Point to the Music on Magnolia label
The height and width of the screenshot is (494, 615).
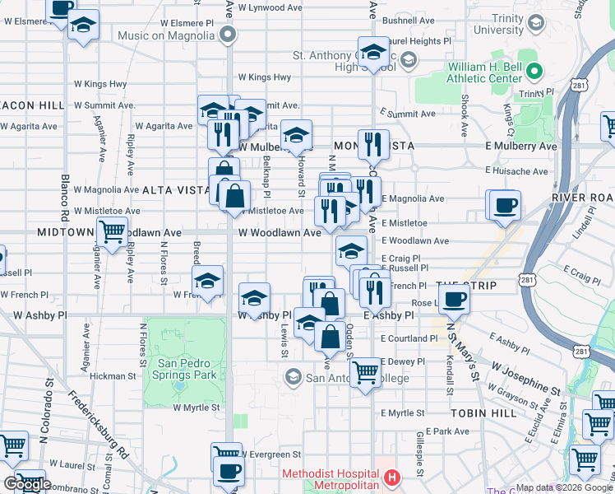[x=166, y=35]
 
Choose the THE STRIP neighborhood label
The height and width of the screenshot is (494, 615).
[x=461, y=285]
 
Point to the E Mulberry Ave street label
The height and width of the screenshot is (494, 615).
[x=520, y=147]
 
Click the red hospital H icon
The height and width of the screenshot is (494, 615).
[x=392, y=477]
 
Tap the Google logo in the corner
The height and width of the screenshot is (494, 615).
[x=27, y=484]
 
